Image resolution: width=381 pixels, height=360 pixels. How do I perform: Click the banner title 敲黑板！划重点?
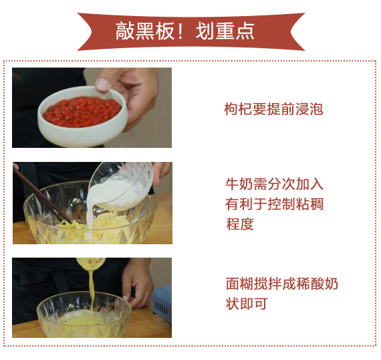click(x=184, y=31)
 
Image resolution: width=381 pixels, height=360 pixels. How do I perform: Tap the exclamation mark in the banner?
click(x=180, y=31)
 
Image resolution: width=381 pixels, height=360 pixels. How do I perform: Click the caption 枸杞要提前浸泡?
click(x=273, y=109)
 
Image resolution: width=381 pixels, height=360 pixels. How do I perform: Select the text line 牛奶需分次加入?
click(x=274, y=184)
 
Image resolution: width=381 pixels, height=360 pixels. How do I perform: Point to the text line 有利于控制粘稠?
click(x=274, y=204)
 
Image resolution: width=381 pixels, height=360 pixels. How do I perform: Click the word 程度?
click(x=240, y=224)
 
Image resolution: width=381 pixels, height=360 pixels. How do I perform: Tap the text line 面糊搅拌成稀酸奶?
click(x=282, y=284)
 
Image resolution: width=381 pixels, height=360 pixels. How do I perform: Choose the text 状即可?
click(x=247, y=304)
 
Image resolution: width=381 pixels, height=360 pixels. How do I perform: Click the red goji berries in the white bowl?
click(x=82, y=112)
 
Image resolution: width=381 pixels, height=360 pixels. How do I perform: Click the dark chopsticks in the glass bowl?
click(x=41, y=195)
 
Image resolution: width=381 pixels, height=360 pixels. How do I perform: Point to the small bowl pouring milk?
click(x=122, y=186)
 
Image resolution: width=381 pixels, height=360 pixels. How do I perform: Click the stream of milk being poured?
click(x=90, y=214)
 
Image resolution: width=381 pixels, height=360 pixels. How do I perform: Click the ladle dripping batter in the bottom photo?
click(x=91, y=264)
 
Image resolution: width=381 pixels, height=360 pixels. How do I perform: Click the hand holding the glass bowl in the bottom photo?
click(x=137, y=283)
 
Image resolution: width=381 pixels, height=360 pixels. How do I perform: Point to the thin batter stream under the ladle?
click(x=91, y=292)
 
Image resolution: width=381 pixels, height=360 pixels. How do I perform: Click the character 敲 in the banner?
click(x=124, y=31)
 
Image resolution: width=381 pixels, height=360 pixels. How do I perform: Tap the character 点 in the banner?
click(x=245, y=31)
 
